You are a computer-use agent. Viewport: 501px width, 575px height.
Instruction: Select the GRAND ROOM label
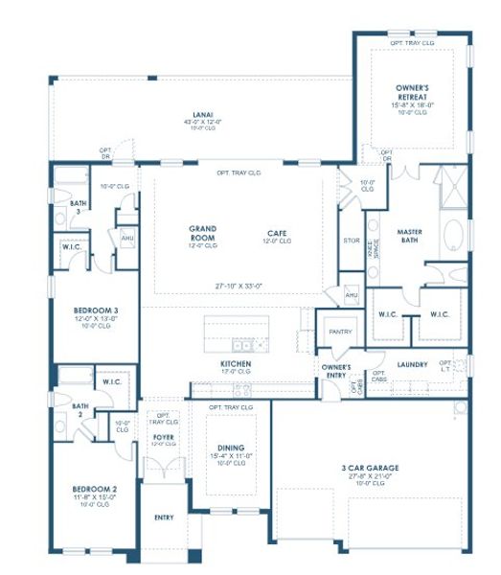click(202, 228)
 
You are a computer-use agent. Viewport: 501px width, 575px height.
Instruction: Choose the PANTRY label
click(340, 332)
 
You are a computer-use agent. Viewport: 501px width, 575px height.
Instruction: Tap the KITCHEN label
click(236, 365)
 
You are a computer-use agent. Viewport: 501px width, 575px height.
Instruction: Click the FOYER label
click(164, 437)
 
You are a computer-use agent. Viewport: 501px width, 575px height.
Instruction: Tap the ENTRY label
click(164, 517)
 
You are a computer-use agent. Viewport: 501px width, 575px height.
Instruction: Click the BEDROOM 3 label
click(96, 311)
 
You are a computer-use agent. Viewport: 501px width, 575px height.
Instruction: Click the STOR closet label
click(350, 240)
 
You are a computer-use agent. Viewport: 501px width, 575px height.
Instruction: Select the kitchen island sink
click(242, 344)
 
